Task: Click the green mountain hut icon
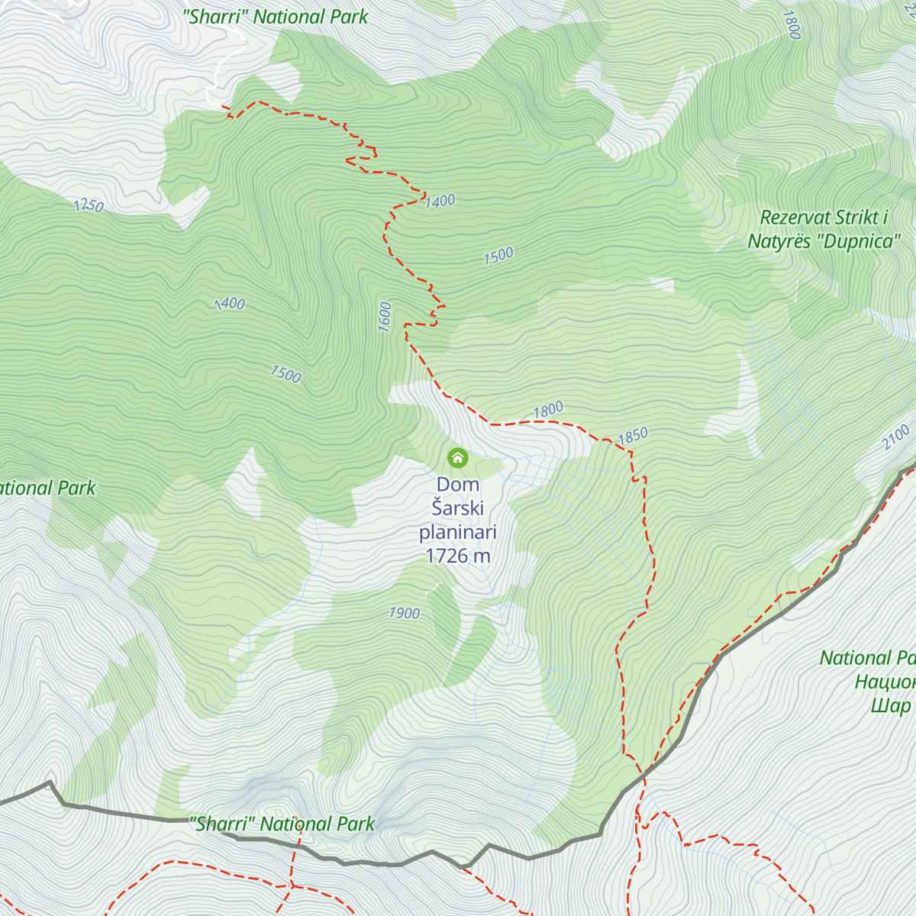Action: (457, 457)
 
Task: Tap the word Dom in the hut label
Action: (458, 485)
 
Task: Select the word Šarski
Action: (458, 508)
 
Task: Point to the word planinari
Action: (458, 532)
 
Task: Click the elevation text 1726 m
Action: (458, 556)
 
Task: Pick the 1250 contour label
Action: (89, 205)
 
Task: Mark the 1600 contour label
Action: (385, 317)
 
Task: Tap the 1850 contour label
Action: (632, 436)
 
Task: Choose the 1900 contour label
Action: (404, 613)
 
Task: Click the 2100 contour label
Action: (896, 437)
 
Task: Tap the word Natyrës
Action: (779, 242)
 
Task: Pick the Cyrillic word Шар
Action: (891, 705)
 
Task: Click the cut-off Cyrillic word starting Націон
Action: (885, 682)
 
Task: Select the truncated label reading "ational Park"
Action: (47, 489)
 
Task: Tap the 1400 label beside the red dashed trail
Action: (440, 202)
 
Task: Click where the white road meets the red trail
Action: (223, 106)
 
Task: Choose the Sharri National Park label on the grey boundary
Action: (282, 824)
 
